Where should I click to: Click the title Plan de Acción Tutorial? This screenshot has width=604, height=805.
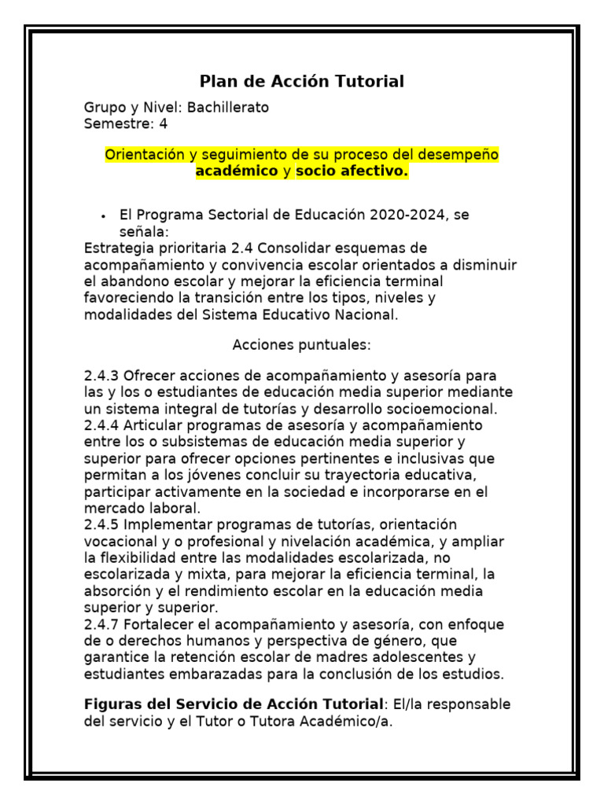coord(302,81)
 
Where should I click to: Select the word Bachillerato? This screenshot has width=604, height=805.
coord(228,108)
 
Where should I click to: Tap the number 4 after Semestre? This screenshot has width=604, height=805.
coord(164,123)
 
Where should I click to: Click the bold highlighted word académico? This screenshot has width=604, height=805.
coord(237,171)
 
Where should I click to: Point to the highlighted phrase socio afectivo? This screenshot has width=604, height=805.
coord(352,171)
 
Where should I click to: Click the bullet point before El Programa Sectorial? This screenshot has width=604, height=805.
coord(104,216)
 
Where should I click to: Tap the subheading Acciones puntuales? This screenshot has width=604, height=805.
coord(302,345)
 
